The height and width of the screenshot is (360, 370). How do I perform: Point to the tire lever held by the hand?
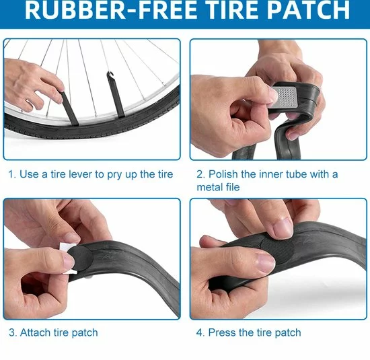tap(69, 108)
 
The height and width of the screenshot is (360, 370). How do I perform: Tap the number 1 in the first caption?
tap(11, 174)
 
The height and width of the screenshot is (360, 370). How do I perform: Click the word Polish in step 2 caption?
tap(223, 174)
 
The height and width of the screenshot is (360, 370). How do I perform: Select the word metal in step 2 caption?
tap(208, 187)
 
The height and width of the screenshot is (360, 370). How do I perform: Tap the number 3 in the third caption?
tap(12, 333)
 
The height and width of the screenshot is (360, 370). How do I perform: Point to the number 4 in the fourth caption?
tap(200, 333)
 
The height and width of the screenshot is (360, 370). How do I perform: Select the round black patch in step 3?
tap(82, 258)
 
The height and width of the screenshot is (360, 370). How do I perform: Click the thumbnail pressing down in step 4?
tap(284, 228)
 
